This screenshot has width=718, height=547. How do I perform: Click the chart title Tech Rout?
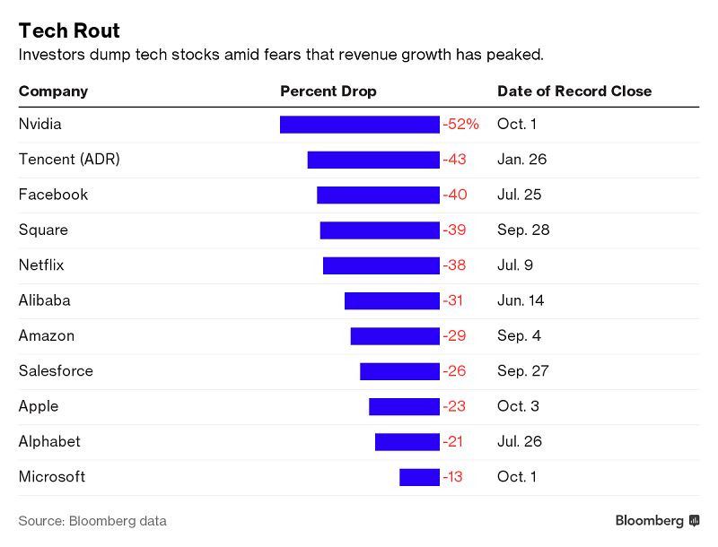click(70, 30)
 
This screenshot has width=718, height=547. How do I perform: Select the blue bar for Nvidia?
click(360, 125)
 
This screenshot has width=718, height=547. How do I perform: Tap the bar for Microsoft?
click(419, 477)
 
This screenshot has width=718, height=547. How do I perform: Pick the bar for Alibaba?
click(392, 300)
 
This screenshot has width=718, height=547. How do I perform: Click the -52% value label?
click(461, 125)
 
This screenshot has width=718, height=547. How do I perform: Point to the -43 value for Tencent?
click(455, 160)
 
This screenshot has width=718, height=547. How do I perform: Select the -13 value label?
click(453, 477)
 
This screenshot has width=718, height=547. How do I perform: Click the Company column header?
click(53, 91)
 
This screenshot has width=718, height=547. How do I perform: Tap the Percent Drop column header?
click(328, 91)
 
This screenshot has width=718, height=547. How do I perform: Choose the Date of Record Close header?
click(574, 91)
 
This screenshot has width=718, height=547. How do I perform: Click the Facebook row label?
click(53, 195)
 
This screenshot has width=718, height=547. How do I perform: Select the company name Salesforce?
click(56, 371)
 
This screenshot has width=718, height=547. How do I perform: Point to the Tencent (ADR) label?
click(69, 160)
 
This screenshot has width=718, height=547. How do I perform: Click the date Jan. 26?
click(521, 160)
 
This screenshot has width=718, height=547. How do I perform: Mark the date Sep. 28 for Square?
click(523, 230)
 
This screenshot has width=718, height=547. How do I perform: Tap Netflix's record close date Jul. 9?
click(516, 265)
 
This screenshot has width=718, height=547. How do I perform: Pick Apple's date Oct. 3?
click(518, 406)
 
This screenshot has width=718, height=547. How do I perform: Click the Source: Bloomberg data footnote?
click(92, 521)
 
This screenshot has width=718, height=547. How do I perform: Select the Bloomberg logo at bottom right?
click(657, 521)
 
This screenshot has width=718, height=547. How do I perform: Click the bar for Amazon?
click(395, 336)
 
